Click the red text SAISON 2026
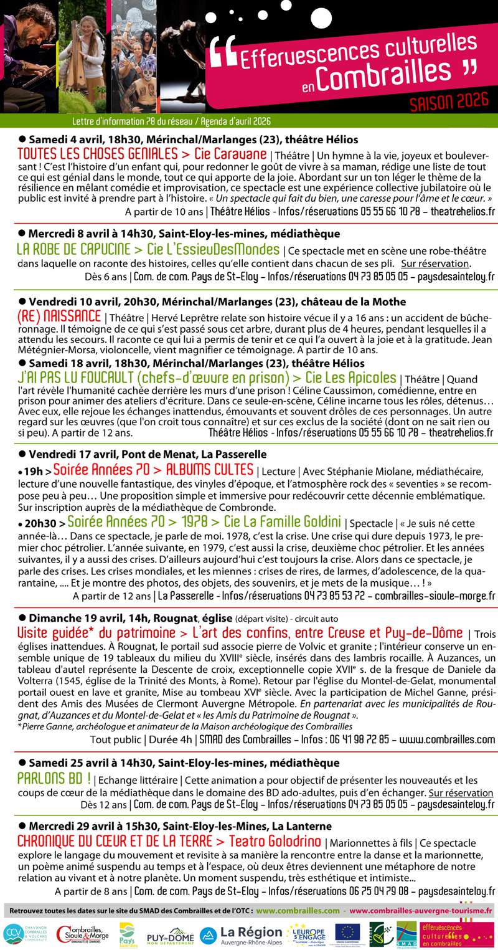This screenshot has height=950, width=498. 450,103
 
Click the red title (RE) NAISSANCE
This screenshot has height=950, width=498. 59,316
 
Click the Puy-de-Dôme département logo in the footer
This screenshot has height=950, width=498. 170,935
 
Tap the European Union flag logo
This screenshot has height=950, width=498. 347,933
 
